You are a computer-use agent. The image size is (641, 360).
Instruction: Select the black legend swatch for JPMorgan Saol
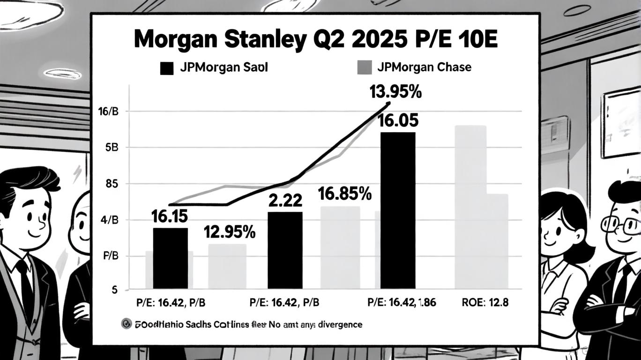coord(166,67)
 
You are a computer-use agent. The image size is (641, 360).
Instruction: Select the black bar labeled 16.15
coord(170,258)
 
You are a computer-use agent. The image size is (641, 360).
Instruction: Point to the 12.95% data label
coord(230,232)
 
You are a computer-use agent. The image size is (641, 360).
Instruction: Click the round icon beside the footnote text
coord(126,324)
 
